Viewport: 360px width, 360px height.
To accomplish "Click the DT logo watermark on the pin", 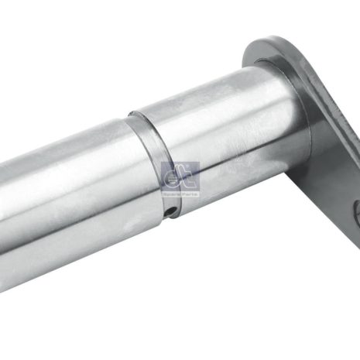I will coord(180,177).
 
